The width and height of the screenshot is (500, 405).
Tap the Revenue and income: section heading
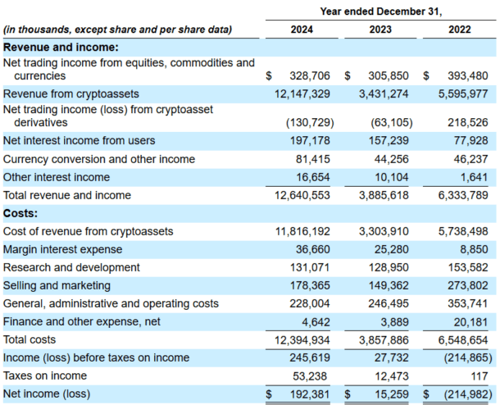pos(61,48)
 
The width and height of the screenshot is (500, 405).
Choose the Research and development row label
pos(71,267)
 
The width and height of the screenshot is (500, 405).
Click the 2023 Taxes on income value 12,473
pos(393,375)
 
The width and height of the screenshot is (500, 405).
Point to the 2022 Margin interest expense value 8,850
pos(470,249)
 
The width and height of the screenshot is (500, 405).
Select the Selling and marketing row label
pos(57,285)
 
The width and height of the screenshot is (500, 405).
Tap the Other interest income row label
pos(56,177)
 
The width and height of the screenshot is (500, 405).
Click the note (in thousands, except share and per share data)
pos(117,30)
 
